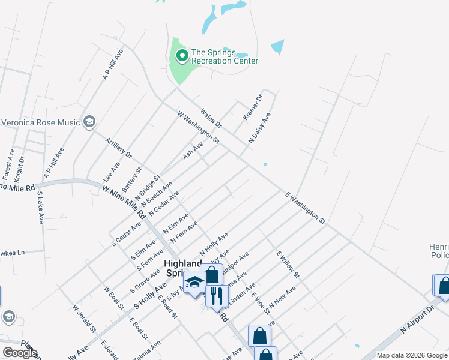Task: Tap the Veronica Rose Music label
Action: click(41, 123)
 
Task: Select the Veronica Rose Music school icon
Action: click(89, 122)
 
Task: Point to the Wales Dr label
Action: click(211, 118)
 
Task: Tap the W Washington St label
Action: click(198, 127)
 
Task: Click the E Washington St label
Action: click(305, 208)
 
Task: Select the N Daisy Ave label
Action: click(260, 128)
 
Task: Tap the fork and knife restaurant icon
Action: click(217, 295)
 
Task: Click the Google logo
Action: click(20, 353)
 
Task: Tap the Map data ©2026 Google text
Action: click(411, 355)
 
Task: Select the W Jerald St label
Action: click(84, 319)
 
